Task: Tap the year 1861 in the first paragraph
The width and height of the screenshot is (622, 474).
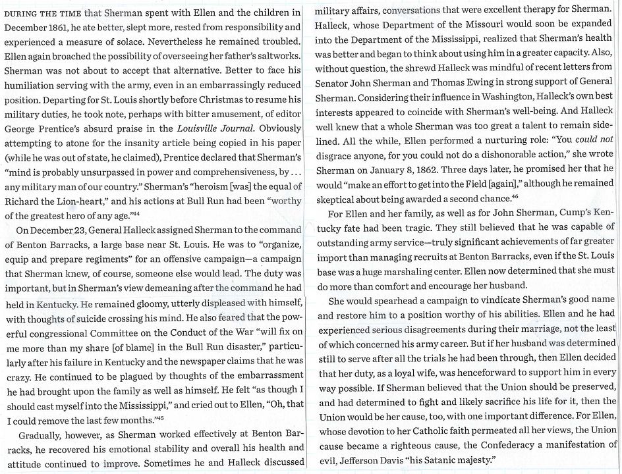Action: pyautogui.click(x=63, y=26)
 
